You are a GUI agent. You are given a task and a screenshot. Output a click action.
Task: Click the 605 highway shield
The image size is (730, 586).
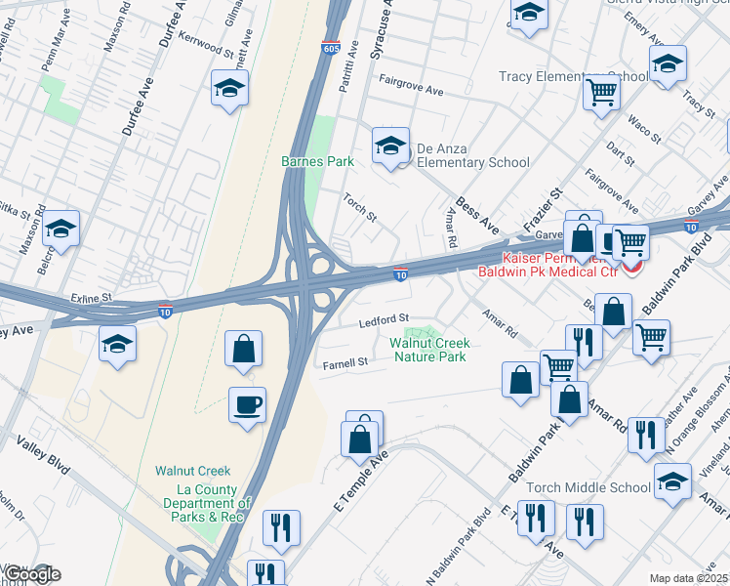coord(331,47)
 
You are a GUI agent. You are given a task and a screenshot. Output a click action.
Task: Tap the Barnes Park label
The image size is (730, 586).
coord(317,161)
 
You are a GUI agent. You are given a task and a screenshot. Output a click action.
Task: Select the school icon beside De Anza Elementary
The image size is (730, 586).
coord(390,146)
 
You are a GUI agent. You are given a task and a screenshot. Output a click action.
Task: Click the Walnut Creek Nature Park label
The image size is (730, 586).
coord(430,350)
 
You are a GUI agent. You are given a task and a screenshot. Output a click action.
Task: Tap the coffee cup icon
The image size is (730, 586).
coord(247,403)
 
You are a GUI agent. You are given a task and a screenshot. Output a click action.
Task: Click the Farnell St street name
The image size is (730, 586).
coord(345,362)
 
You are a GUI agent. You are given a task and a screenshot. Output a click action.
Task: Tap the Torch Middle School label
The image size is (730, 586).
coord(602,487)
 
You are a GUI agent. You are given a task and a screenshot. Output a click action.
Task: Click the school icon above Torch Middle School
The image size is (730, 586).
coord(671,481)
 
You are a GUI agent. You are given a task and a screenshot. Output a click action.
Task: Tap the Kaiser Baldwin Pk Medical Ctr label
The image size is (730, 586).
coord(555,263)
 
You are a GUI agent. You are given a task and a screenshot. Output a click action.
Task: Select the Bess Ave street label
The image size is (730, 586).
coord(479,220)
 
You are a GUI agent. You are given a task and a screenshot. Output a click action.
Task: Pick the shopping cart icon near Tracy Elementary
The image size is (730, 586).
coord(602,94)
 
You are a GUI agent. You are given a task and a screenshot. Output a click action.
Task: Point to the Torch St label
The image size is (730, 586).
coord(359,207)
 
